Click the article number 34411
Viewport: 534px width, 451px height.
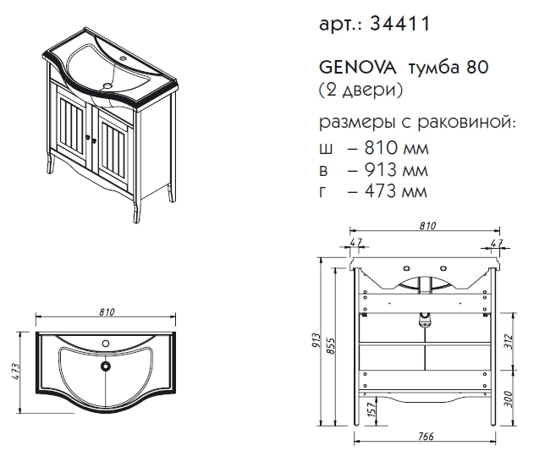coord(400,24)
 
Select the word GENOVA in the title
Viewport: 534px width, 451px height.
coord(358,68)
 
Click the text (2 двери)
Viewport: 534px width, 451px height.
coord(361,91)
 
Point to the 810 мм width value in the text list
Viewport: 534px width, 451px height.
coord(396,147)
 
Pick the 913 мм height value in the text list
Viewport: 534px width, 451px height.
coord(396,169)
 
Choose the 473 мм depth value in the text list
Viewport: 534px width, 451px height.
coord(395,191)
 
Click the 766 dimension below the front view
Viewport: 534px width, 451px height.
coord(426,437)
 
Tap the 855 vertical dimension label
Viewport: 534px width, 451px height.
coord(330,346)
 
